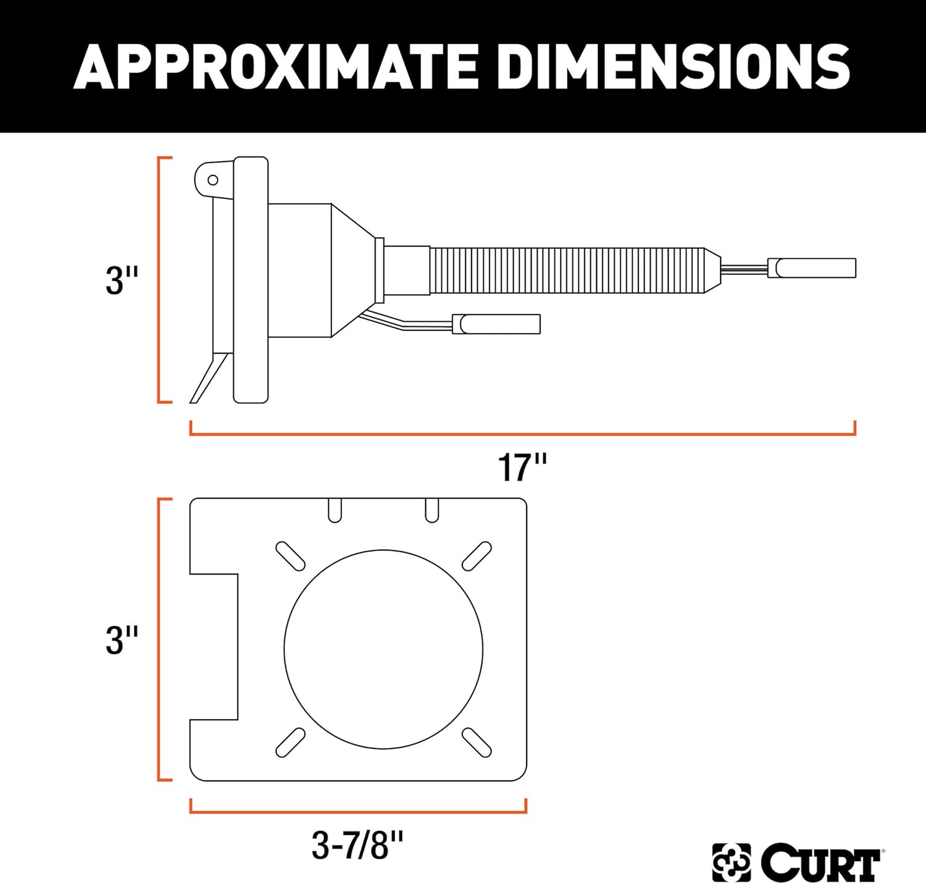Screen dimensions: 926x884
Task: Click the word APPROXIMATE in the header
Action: click(x=277, y=66)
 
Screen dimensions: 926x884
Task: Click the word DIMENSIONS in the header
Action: click(x=673, y=66)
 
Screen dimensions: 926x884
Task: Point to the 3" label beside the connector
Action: click(x=122, y=280)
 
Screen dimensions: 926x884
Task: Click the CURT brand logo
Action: click(x=798, y=861)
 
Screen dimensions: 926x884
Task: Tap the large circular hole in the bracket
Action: click(x=383, y=649)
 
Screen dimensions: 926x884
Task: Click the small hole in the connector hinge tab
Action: click(x=213, y=180)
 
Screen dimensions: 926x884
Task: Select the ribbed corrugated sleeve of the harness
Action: click(x=567, y=271)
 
